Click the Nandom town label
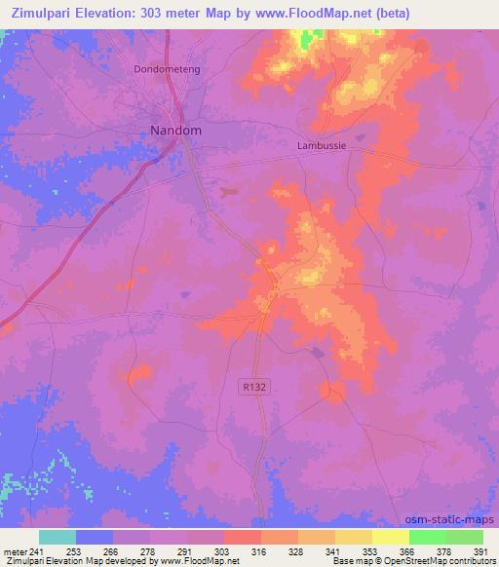click(x=175, y=130)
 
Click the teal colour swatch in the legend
click(x=58, y=537)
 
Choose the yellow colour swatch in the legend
click(x=390, y=537)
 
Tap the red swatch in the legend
click(x=242, y=537)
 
